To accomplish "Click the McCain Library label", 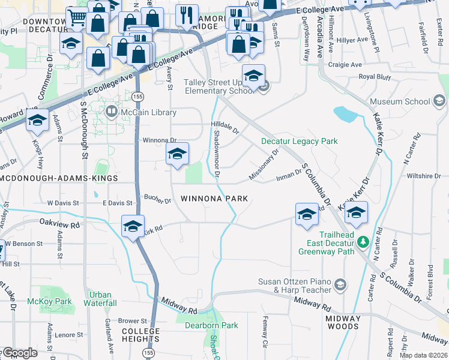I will (149, 112).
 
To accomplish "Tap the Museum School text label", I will (400, 101).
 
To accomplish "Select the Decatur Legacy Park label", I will (300, 142).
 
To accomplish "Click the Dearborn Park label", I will (212, 326).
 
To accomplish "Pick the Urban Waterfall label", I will (100, 299).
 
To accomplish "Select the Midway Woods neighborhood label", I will (343, 323).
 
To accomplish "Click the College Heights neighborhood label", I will (141, 335).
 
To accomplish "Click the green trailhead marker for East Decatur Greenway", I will (363, 242).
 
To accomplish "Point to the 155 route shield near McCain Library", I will (138, 97).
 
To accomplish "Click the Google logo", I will (20, 353).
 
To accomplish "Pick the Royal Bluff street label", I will (375, 77).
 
